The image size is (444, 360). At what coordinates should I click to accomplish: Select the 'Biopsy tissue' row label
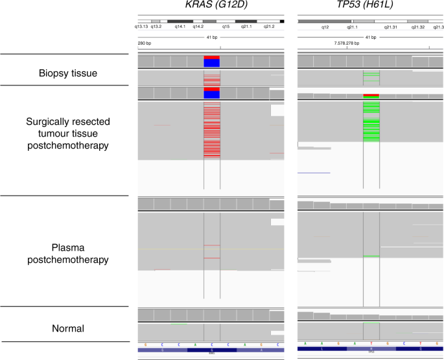coord(69,73)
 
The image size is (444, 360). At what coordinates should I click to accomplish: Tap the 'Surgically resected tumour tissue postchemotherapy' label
coord(69,133)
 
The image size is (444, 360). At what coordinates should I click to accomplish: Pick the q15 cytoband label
coord(226,27)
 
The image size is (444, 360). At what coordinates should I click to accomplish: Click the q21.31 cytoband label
coord(390,27)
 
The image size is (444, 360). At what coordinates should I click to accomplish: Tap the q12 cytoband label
coord(325,27)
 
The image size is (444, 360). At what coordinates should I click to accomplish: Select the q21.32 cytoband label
coord(417,27)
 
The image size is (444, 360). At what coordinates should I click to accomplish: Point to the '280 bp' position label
coord(145,43)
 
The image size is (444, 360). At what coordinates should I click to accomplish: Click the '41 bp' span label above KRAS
coord(211,37)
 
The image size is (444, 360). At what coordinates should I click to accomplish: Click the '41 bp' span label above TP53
coord(371,37)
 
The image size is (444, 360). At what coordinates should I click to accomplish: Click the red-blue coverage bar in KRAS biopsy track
coord(212,62)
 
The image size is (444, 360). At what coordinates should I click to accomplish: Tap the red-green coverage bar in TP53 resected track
coord(371,96)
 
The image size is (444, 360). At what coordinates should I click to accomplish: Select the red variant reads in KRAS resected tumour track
coord(212,129)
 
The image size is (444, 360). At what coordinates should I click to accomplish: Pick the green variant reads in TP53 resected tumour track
coord(371,123)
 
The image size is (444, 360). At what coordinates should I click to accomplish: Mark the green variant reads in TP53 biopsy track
coord(371,77)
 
